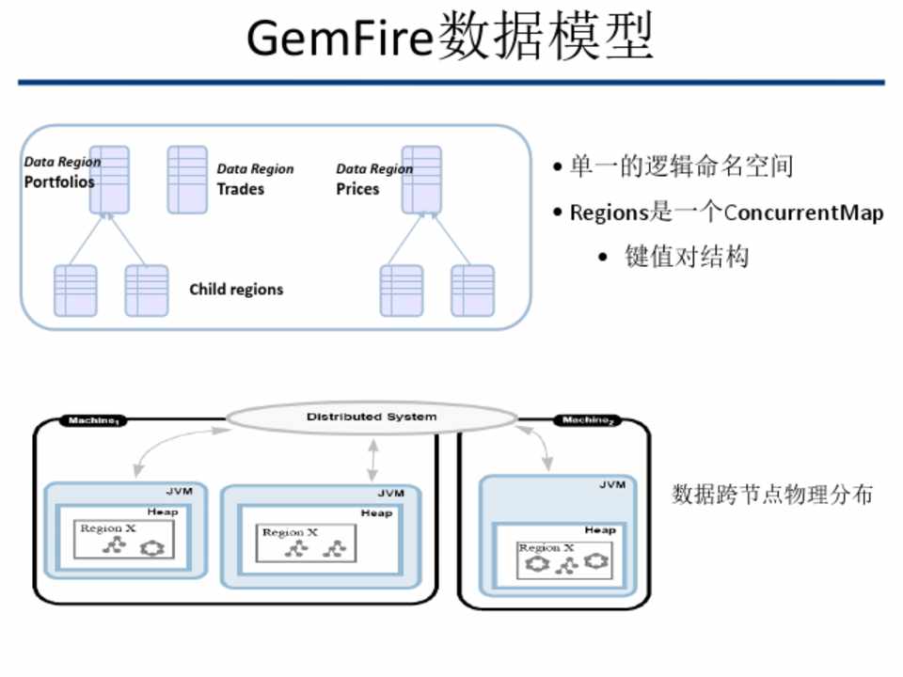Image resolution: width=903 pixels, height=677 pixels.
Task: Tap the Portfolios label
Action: click(59, 181)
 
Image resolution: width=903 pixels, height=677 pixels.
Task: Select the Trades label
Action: click(241, 189)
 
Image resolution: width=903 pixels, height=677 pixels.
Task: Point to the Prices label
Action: click(357, 189)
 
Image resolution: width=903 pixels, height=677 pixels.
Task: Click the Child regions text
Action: click(236, 290)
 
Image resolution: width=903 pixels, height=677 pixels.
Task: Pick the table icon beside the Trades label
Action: click(187, 179)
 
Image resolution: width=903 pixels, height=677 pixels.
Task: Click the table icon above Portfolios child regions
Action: click(109, 179)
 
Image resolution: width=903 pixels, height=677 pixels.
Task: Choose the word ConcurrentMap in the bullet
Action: click(803, 213)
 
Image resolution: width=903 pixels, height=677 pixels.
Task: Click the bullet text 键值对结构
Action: click(687, 257)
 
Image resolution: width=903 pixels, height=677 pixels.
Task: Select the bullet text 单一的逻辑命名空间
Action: click(682, 167)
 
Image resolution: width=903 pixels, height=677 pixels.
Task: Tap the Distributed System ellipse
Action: click(372, 417)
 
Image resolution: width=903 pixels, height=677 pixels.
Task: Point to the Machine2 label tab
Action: click(589, 420)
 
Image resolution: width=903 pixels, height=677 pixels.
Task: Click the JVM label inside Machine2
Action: click(612, 485)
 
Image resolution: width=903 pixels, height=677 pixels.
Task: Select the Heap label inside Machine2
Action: click(600, 530)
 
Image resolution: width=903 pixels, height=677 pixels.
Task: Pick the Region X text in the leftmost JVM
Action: click(108, 528)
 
